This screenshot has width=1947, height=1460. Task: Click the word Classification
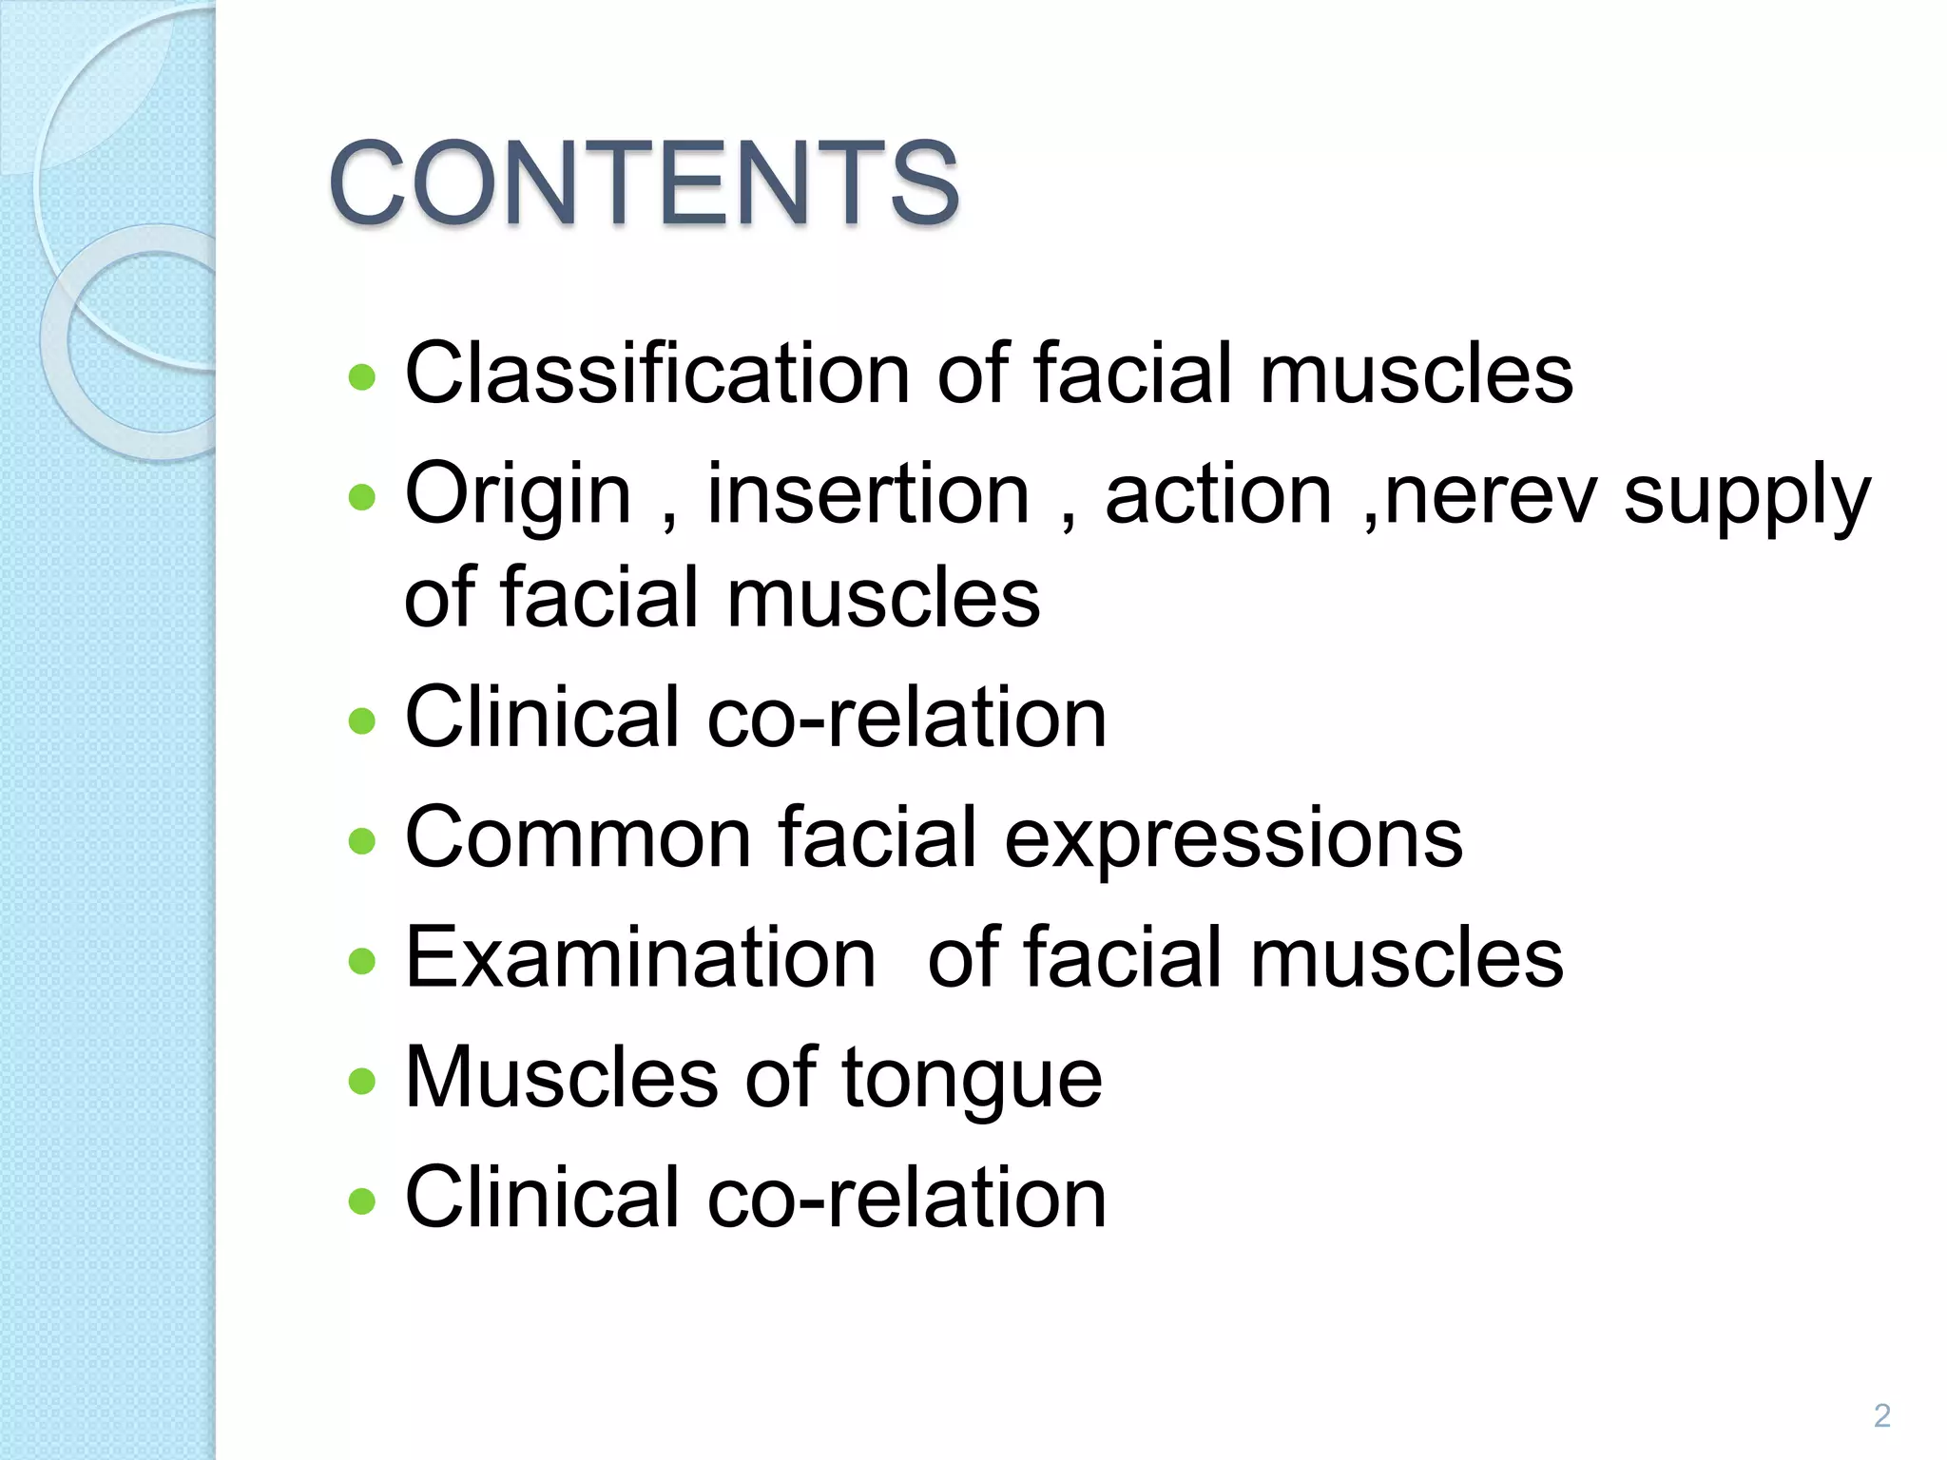tap(657, 373)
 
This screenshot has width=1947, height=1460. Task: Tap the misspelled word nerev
tap(1490, 494)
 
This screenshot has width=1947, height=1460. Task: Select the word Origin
tap(518, 496)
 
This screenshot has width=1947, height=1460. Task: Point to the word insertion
tap(868, 494)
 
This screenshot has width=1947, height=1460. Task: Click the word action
tap(1218, 494)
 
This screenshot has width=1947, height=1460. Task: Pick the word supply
tap(1746, 498)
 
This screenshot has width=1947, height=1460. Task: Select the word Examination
tap(640, 957)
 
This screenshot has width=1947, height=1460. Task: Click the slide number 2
tap(1881, 1415)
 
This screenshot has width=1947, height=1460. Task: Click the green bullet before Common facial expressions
tap(362, 841)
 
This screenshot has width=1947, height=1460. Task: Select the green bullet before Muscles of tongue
tap(362, 1081)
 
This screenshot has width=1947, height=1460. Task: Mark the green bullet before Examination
tap(362, 961)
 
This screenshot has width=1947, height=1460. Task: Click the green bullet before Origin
tap(362, 497)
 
